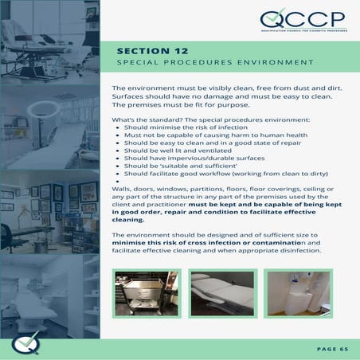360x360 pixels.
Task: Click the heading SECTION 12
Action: click(153, 50)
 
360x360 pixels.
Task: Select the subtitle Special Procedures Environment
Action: click(214, 63)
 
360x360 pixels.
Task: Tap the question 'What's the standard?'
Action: click(143, 119)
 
